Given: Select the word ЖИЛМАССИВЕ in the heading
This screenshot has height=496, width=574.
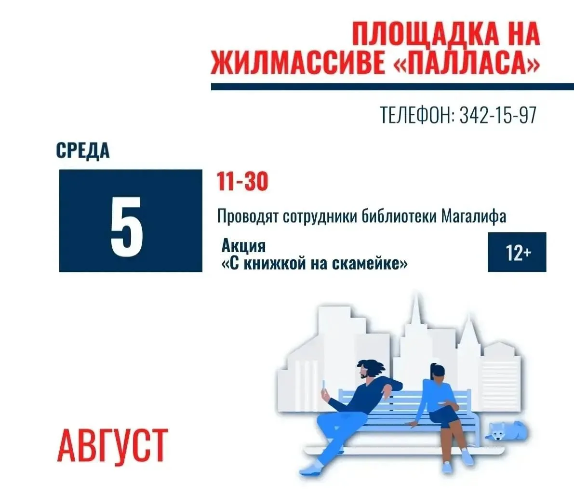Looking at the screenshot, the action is click(x=297, y=63).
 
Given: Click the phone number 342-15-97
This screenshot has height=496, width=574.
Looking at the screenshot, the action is click(x=498, y=115).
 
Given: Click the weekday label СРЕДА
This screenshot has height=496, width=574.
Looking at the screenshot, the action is click(x=83, y=150).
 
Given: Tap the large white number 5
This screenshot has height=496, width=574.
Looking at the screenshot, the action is click(x=127, y=226).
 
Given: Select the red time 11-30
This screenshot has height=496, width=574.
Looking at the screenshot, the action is click(x=242, y=181).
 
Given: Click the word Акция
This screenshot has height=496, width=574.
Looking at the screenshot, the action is click(x=243, y=246).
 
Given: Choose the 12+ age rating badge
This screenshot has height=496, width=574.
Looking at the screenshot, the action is click(x=517, y=252).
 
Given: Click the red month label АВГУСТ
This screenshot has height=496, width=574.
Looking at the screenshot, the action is click(x=112, y=445).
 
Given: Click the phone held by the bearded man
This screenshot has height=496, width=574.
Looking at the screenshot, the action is click(x=323, y=385).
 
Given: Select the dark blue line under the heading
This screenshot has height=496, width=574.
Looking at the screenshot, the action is click(x=392, y=87).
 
